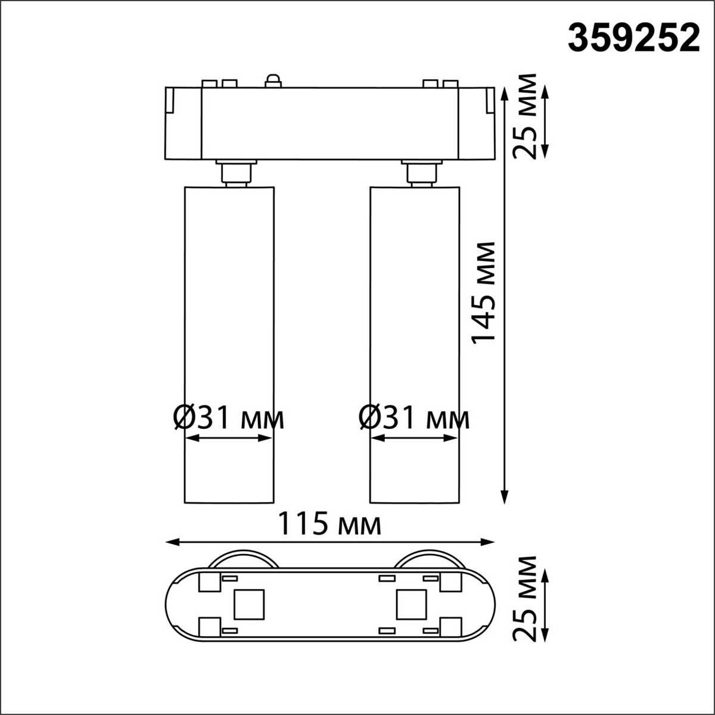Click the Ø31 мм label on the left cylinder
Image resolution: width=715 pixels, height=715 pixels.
point(228,419)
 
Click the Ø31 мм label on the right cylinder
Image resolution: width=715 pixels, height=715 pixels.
point(414,419)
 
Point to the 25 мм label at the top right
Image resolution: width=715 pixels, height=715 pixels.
point(526,116)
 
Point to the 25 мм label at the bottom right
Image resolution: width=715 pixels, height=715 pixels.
point(526,598)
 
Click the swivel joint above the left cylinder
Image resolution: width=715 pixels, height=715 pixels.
point(237,173)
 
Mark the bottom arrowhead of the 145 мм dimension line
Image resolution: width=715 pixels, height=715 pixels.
point(505,496)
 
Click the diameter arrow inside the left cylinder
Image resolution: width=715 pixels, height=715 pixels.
point(229,438)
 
